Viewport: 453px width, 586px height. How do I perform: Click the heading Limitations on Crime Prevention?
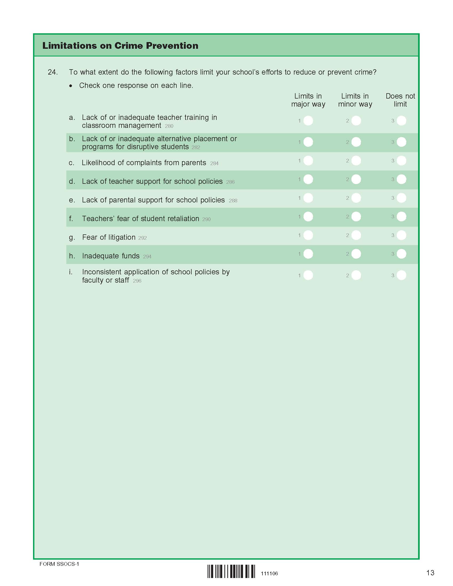tap(120, 46)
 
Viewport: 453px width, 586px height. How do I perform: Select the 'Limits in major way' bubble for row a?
tap(308, 121)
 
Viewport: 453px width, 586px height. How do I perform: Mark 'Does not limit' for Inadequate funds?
tap(401, 254)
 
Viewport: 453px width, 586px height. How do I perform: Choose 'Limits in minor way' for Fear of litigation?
tap(356, 235)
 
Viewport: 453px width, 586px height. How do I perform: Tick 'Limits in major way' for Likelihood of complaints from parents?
tap(308, 161)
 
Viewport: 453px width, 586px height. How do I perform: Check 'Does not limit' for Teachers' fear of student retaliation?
tap(401, 217)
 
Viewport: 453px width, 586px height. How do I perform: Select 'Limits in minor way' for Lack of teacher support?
tap(356, 179)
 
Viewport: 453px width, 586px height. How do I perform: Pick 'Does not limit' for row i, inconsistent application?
tap(401, 275)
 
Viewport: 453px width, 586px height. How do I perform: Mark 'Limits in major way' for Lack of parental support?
tap(308, 198)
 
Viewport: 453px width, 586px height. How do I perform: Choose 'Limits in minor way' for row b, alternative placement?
tap(356, 142)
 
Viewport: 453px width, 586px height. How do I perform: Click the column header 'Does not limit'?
tap(400, 100)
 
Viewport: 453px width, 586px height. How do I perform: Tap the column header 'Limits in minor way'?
tap(355, 100)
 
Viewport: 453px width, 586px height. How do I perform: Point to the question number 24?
tap(52, 72)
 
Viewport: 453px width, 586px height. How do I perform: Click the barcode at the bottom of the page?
tap(231, 571)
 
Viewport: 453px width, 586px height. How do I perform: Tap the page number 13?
tap(430, 573)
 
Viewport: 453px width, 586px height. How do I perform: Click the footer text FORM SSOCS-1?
tap(59, 564)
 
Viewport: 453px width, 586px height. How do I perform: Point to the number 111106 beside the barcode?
tap(269, 574)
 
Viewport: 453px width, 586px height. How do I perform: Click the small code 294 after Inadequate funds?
tap(147, 257)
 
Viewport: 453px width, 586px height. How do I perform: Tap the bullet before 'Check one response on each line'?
tap(71, 86)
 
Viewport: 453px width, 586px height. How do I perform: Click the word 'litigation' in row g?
tap(122, 237)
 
